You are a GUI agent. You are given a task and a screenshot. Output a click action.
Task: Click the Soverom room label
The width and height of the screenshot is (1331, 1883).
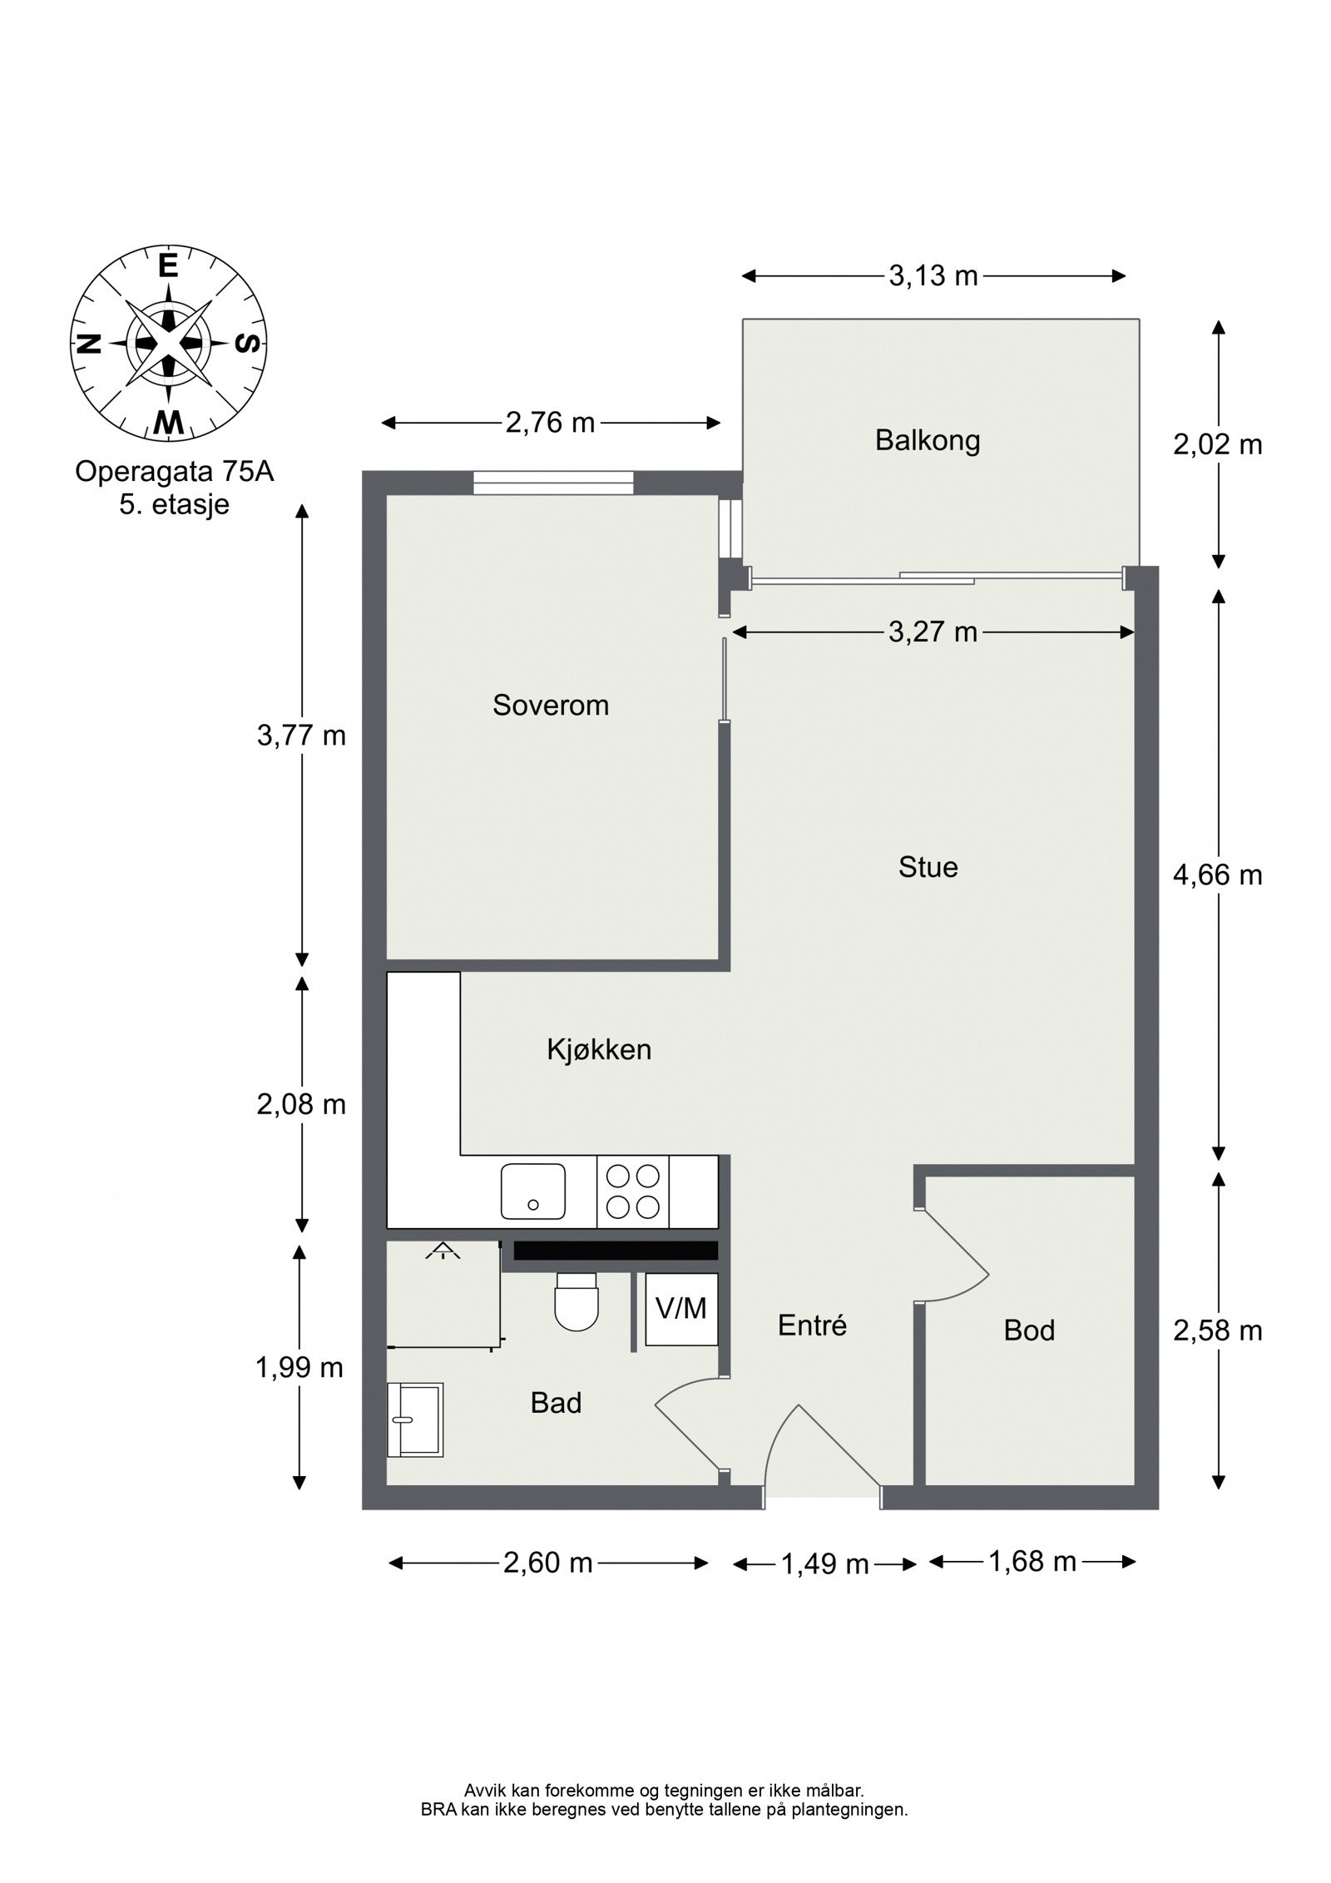point(550,706)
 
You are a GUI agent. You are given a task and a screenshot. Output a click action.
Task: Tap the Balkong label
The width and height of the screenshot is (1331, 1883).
point(928,440)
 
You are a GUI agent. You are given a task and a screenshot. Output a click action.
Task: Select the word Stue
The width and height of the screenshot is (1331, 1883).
point(928,867)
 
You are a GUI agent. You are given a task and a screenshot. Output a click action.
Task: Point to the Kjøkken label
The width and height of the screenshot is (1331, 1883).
point(599,1049)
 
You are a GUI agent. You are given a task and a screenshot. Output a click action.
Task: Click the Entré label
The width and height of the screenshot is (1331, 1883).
point(812,1325)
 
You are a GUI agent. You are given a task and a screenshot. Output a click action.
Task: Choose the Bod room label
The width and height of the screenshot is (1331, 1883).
point(1029,1330)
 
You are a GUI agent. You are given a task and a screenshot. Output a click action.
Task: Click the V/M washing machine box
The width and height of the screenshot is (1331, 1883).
point(681,1309)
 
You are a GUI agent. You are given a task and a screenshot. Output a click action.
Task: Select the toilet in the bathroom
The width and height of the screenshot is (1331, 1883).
point(576,1301)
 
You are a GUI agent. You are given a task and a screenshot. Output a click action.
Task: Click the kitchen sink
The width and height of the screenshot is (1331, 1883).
point(533,1192)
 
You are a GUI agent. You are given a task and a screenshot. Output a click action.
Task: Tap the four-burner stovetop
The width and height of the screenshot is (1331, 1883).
point(633,1192)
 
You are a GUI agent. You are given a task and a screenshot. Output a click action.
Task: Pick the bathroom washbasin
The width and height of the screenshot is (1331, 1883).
point(415,1420)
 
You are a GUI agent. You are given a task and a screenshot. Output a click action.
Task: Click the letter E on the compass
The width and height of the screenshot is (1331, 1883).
point(169,265)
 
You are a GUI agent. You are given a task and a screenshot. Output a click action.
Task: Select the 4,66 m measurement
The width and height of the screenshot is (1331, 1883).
point(1217,875)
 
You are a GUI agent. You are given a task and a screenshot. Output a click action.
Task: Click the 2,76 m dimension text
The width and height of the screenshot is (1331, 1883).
point(550,423)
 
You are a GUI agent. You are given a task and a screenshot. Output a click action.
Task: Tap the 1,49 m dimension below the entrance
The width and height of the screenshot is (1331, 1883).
point(824,1565)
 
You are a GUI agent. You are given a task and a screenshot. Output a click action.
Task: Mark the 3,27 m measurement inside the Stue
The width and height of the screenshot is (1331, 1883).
point(933,632)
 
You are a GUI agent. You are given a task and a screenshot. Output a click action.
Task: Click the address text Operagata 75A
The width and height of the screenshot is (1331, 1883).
point(174,472)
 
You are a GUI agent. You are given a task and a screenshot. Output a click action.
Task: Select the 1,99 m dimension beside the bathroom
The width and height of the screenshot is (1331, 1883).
point(299,1367)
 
